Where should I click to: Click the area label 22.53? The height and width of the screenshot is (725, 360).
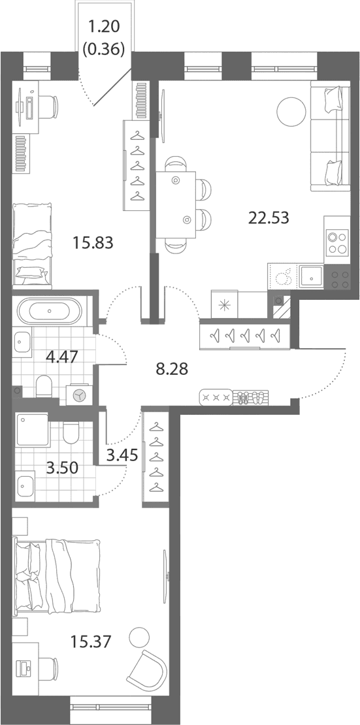tap(269, 216)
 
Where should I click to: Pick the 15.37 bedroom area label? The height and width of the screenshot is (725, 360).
tap(91, 641)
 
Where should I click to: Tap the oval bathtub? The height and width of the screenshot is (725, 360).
tap(50, 310)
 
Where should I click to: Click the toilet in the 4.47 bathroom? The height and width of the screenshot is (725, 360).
tap(45, 386)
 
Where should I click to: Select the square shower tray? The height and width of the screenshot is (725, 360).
tap(32, 430)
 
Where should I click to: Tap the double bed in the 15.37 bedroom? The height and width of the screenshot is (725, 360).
tap(58, 575)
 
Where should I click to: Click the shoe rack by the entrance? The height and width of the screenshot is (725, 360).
tap(250, 397)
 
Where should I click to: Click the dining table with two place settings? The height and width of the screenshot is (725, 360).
tap(176, 204)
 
